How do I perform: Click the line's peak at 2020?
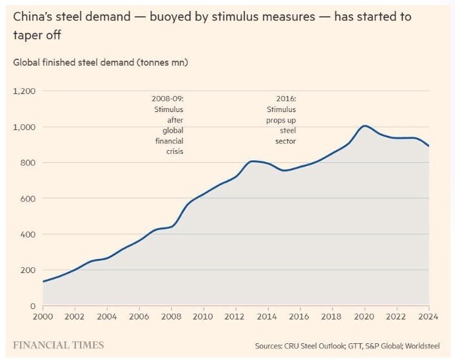(x=365, y=126)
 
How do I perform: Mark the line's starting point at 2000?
(x=43, y=281)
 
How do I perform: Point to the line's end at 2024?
(x=429, y=146)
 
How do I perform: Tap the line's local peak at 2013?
(x=253, y=161)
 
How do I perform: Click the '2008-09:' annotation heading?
(x=167, y=99)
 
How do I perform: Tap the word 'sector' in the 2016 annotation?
(x=286, y=140)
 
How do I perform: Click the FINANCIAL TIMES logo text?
(x=58, y=345)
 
